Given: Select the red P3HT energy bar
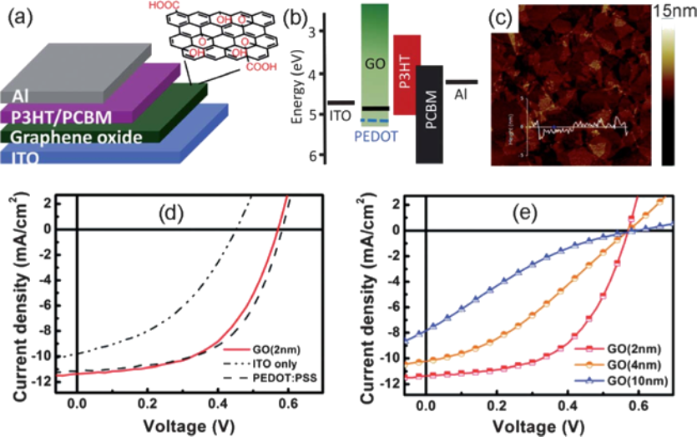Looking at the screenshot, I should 407,74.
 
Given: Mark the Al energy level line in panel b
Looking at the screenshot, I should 462,82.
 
